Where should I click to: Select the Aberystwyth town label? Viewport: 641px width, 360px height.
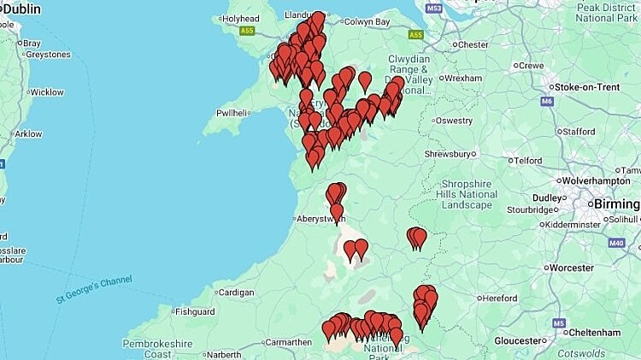pyautogui.click(x=320, y=218)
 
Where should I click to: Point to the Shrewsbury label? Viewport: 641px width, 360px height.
pyautogui.click(x=448, y=154)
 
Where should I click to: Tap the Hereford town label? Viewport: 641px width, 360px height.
pyautogui.click(x=499, y=298)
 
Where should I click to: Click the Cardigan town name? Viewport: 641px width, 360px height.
pyautogui.click(x=237, y=292)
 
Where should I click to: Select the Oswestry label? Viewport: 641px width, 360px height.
pyautogui.click(x=454, y=121)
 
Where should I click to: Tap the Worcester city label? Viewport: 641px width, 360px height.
pyautogui.click(x=572, y=268)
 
